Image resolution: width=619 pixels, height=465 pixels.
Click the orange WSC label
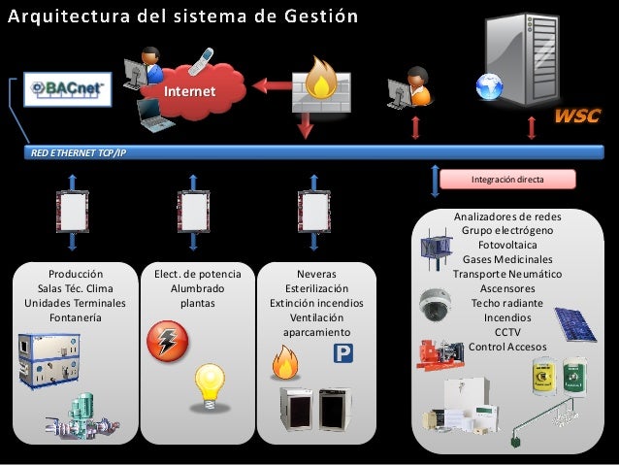577,117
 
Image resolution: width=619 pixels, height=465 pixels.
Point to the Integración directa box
507,180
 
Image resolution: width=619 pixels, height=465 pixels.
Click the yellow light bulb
212,387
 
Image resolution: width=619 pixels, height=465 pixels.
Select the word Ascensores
507,288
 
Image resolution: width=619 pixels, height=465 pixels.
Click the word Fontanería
74,316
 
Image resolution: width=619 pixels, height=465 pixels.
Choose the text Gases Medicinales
507,259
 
